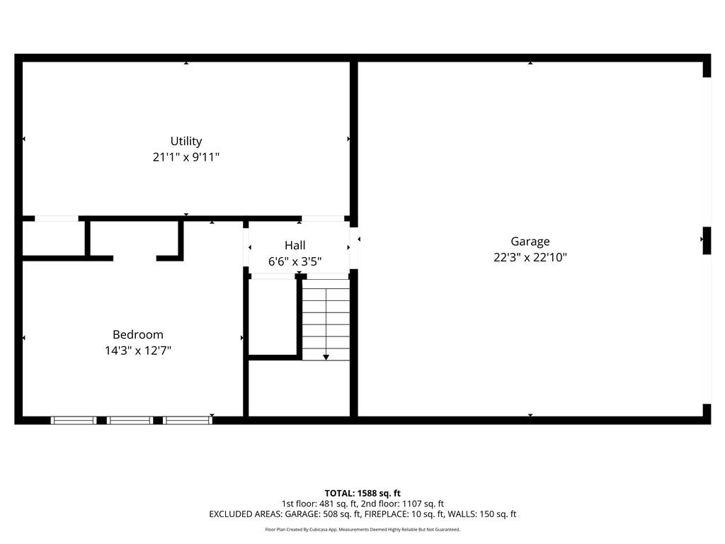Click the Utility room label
click(x=186, y=141)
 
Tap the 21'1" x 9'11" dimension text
click(x=186, y=157)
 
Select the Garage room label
click(x=530, y=242)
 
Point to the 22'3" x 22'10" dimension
click(x=530, y=258)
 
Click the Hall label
click(x=295, y=245)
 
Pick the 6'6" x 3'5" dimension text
click(x=295, y=261)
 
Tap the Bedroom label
click(x=138, y=334)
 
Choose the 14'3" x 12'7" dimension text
click(x=138, y=350)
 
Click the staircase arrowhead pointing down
click(x=326, y=357)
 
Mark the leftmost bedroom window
click(x=74, y=420)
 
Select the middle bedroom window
click(x=130, y=420)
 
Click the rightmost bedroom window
click(x=188, y=420)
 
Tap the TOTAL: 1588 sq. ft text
click(x=362, y=493)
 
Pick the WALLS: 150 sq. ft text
click(x=489, y=514)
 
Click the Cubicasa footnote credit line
click(x=362, y=529)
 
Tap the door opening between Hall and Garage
click(x=354, y=248)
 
